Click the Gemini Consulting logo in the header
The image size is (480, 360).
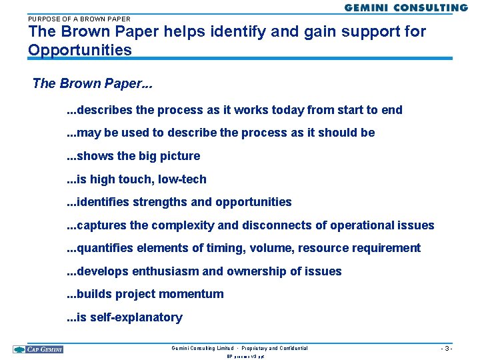tap(406, 7)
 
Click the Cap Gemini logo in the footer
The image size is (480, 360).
tap(38, 349)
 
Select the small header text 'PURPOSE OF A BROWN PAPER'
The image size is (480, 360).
tap(79, 19)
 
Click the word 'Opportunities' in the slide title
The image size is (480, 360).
tap(80, 50)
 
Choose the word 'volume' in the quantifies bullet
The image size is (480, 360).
tap(273, 248)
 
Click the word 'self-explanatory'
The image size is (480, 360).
tap(135, 317)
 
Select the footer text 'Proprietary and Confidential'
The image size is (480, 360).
tap(275, 348)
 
